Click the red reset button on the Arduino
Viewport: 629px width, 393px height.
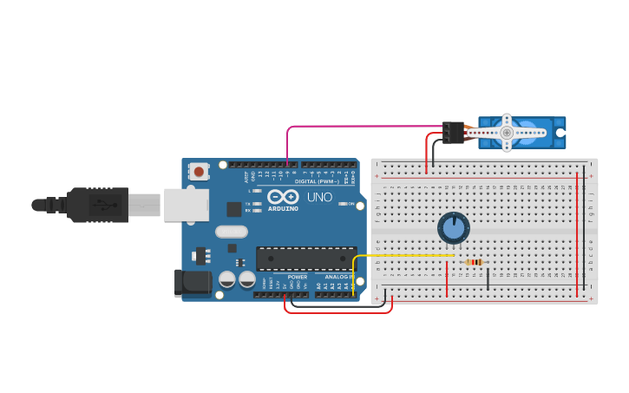click(x=199, y=172)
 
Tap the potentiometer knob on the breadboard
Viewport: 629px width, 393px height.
click(x=453, y=227)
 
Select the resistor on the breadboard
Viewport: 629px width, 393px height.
click(x=474, y=262)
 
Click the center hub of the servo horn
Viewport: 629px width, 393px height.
click(x=507, y=133)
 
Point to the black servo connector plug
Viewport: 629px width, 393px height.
click(x=452, y=132)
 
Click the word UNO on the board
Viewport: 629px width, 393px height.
click(x=319, y=197)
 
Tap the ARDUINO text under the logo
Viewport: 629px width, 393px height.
click(x=283, y=209)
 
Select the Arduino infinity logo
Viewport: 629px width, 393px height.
click(x=283, y=197)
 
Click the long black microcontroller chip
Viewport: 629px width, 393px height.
click(x=305, y=259)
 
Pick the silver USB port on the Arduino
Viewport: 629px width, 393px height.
click(x=187, y=206)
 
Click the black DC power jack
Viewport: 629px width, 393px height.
click(x=193, y=283)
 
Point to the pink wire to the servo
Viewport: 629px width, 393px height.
click(x=364, y=127)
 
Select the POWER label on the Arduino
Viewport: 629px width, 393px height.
click(x=298, y=277)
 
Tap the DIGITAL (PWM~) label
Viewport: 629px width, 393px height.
click(x=317, y=181)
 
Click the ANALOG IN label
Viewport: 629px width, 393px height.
click(x=339, y=277)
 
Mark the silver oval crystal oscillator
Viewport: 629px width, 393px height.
click(x=232, y=232)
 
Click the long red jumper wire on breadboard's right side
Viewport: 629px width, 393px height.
click(x=577, y=234)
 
